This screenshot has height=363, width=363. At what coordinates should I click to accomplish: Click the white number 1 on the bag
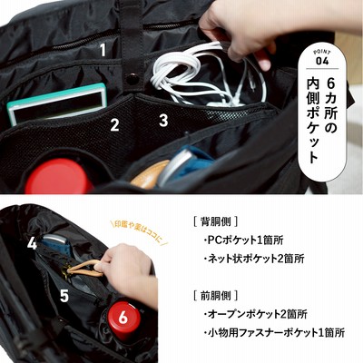[103, 50]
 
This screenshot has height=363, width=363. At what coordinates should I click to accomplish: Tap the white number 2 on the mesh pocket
[114, 124]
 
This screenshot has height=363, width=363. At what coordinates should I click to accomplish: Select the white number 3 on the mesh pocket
[163, 120]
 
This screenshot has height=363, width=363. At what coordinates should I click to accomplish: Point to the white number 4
[32, 243]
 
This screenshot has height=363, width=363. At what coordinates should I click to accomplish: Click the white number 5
[64, 295]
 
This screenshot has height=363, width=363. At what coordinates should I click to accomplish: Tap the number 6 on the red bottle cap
[123, 318]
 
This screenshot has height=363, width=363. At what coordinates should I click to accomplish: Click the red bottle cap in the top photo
[55, 177]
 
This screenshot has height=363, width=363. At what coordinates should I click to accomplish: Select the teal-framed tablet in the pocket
[57, 103]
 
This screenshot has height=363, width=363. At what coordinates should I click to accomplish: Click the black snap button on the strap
[132, 79]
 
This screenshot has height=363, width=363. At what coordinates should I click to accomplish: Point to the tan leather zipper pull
[85, 269]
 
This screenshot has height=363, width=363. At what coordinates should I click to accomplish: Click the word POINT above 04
[322, 50]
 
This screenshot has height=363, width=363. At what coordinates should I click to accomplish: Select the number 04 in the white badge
[322, 61]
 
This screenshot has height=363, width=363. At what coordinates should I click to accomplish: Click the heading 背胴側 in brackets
[215, 221]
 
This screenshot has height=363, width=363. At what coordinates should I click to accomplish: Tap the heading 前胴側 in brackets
[215, 296]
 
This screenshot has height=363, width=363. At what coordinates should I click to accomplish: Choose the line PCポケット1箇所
[244, 240]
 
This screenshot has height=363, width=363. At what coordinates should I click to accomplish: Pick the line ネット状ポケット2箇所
[254, 259]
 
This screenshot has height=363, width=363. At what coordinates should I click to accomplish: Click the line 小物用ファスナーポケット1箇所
[274, 333]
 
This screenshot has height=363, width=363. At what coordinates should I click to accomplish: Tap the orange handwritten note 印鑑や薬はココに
[140, 232]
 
